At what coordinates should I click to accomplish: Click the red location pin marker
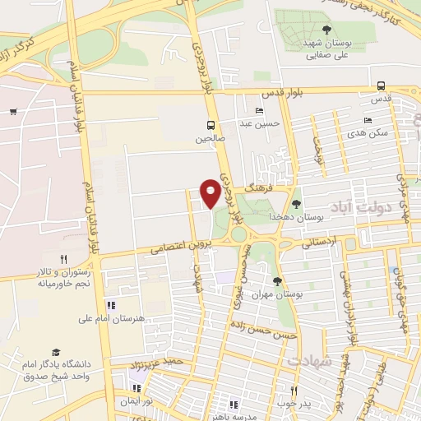click(x=211, y=192)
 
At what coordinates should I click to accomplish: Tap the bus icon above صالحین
click(x=211, y=126)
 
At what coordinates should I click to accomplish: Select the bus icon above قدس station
click(x=381, y=86)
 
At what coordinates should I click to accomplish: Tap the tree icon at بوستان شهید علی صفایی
click(x=326, y=30)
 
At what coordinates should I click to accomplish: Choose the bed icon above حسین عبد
click(x=260, y=111)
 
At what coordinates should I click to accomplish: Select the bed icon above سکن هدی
click(x=368, y=120)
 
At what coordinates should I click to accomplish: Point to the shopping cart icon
click(x=13, y=111)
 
